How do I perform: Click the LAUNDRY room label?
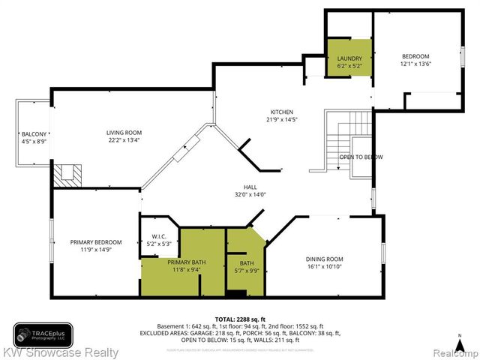(349, 58)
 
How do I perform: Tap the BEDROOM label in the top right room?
(415, 56)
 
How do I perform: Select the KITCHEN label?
(271, 112)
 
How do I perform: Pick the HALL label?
(250, 187)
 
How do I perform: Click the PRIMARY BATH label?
(184, 262)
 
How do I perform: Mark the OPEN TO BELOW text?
(361, 157)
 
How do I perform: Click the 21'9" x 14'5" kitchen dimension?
(271, 119)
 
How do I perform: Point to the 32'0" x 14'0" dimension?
(250, 195)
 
